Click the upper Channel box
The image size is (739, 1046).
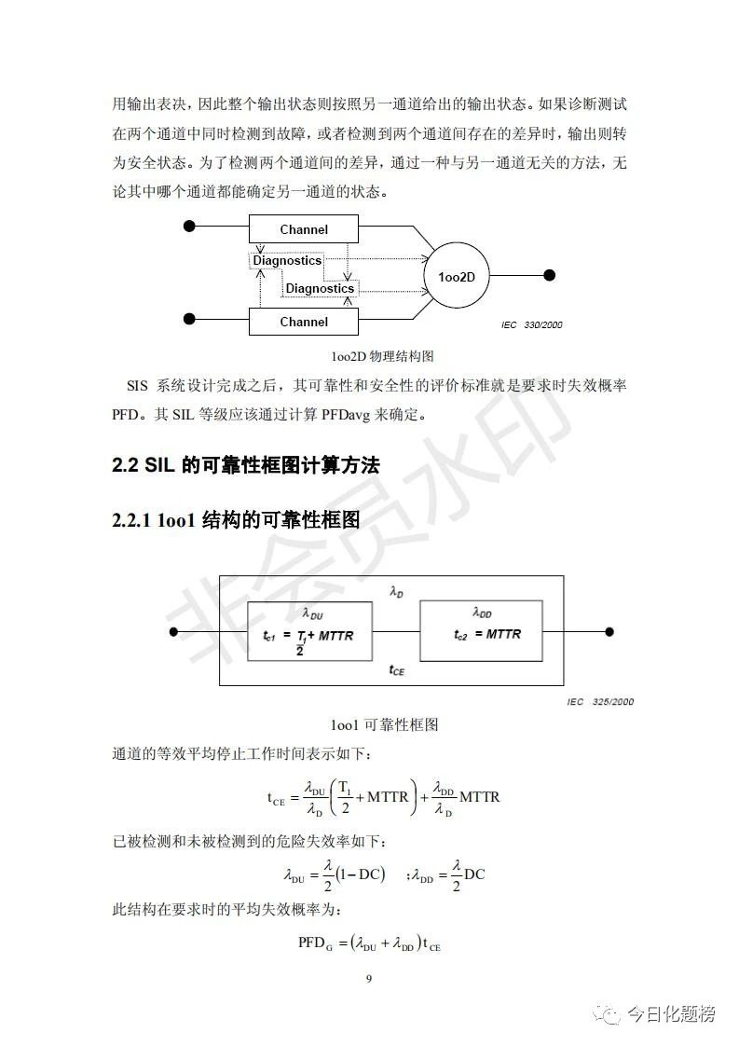(304, 228)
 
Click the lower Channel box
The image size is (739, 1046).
(304, 322)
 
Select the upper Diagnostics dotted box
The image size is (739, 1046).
(287, 261)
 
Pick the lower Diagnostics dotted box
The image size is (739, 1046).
(320, 288)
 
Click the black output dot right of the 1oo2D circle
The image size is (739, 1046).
(550, 275)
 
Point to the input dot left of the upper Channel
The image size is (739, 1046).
(189, 227)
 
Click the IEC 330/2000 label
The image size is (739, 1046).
(531, 325)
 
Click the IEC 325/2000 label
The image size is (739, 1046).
(600, 701)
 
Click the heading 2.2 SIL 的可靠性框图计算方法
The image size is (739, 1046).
(246, 465)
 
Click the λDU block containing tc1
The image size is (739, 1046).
(308, 631)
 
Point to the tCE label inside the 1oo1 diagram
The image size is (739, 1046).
(396, 669)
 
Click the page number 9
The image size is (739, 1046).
(369, 978)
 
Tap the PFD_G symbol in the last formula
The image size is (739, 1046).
(315, 943)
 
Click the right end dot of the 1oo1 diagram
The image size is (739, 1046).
(609, 632)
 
